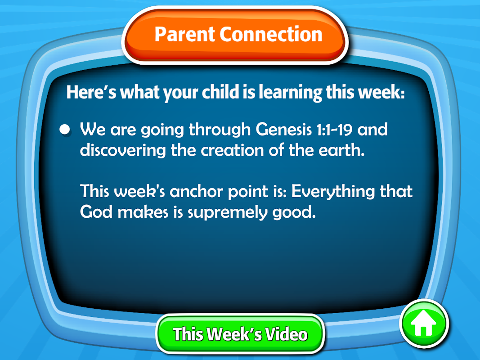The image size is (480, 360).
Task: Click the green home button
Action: pyautogui.click(x=424, y=324)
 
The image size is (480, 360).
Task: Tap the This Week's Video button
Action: pyautogui.click(x=240, y=333)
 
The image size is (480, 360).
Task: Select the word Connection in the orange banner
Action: pyautogui.click(x=271, y=34)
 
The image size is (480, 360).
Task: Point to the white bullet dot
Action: pyautogui.click(x=65, y=129)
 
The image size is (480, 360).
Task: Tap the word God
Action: pyautogui.click(x=96, y=212)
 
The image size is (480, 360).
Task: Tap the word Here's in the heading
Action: pyautogui.click(x=91, y=92)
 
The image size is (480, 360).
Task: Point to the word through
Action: pyautogui.click(x=220, y=130)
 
